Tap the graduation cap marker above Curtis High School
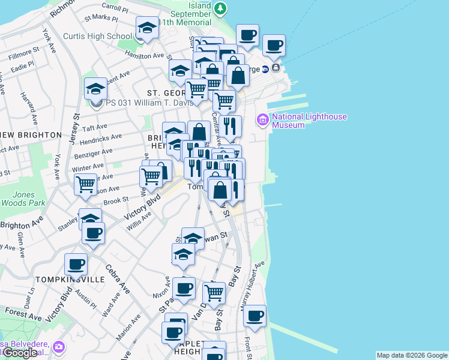coord(147,27)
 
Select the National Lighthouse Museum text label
coord(309,121)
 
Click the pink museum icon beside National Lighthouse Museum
coord(262,121)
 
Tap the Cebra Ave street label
coord(117,279)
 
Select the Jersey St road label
coord(76,127)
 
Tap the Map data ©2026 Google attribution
coord(412,355)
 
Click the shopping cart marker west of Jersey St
coord(86,184)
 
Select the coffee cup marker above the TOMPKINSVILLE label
coord(76,263)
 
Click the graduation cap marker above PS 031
coord(95,89)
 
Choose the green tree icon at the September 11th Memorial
coord(221,8)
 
